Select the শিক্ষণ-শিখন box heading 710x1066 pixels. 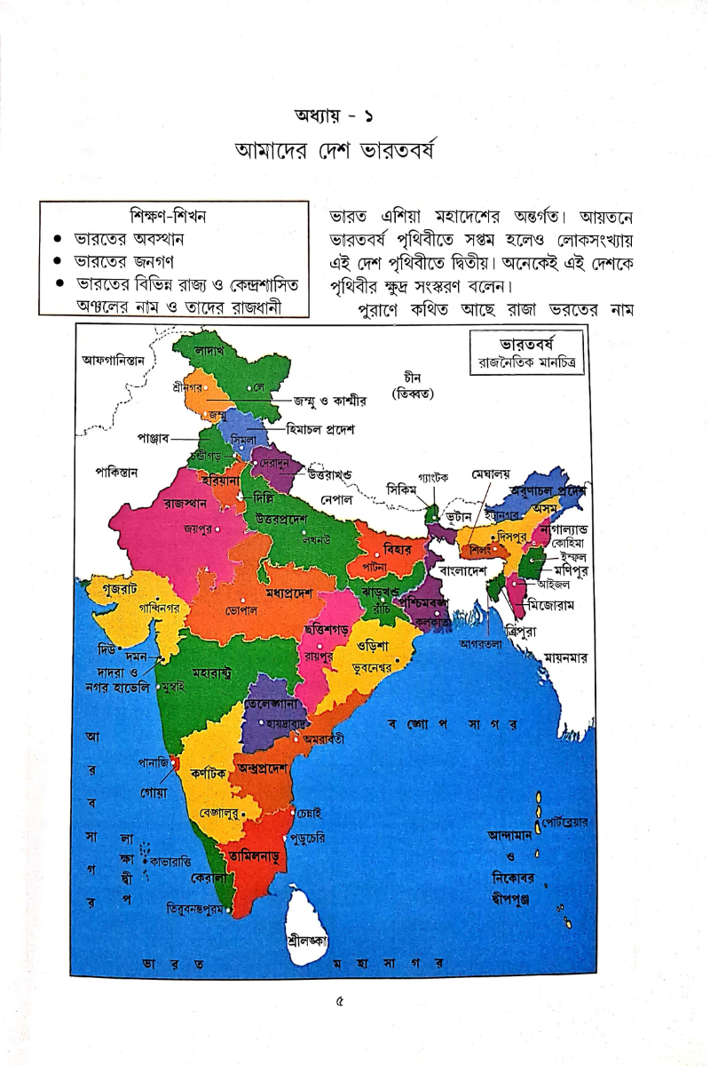click(174, 217)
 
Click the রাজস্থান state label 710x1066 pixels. click(185, 503)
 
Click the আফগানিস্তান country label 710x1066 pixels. click(118, 360)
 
